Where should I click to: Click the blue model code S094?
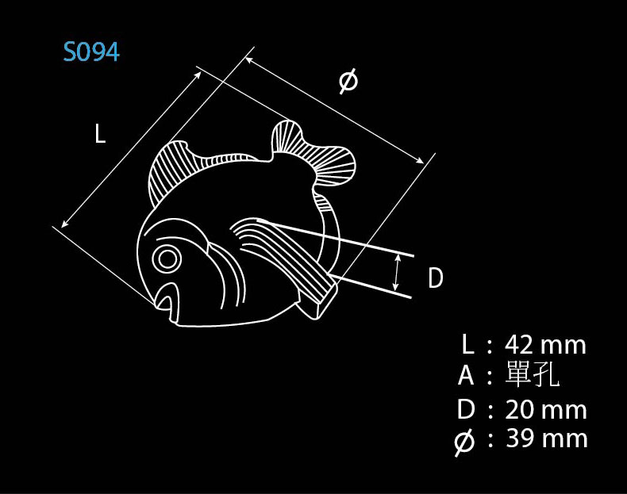[91, 52]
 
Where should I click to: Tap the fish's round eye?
[167, 259]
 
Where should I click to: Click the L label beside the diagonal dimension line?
[100, 133]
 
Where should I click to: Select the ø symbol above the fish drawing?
[348, 81]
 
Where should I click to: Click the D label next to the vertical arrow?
[436, 278]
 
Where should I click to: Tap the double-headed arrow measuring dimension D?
[396, 273]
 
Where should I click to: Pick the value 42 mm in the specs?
[545, 345]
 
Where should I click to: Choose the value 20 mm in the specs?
[546, 410]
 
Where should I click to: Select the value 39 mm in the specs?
[547, 438]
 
